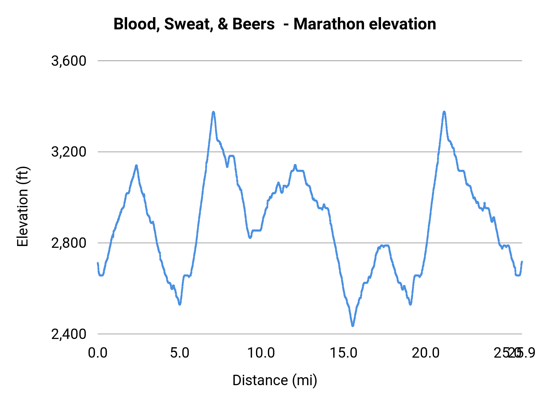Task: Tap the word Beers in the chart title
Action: coord(253,24)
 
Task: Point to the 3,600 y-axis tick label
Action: coord(69,61)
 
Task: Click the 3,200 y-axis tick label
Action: coord(69,152)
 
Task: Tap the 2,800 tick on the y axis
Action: coord(69,243)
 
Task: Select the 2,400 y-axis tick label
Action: coord(69,334)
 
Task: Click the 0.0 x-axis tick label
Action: coord(98,353)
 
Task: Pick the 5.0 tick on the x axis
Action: coord(180,353)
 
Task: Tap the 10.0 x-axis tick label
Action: coord(261,353)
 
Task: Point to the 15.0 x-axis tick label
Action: coord(343,353)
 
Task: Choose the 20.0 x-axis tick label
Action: coord(426,353)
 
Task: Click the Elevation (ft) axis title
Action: coord(23,206)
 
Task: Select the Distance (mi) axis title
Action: coord(275,380)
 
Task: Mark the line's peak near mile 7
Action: coord(213,112)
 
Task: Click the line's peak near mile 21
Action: coord(444,112)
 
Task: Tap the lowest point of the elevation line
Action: coord(353,326)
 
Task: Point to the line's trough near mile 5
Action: coord(180,304)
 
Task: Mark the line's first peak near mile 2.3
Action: coord(136,166)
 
